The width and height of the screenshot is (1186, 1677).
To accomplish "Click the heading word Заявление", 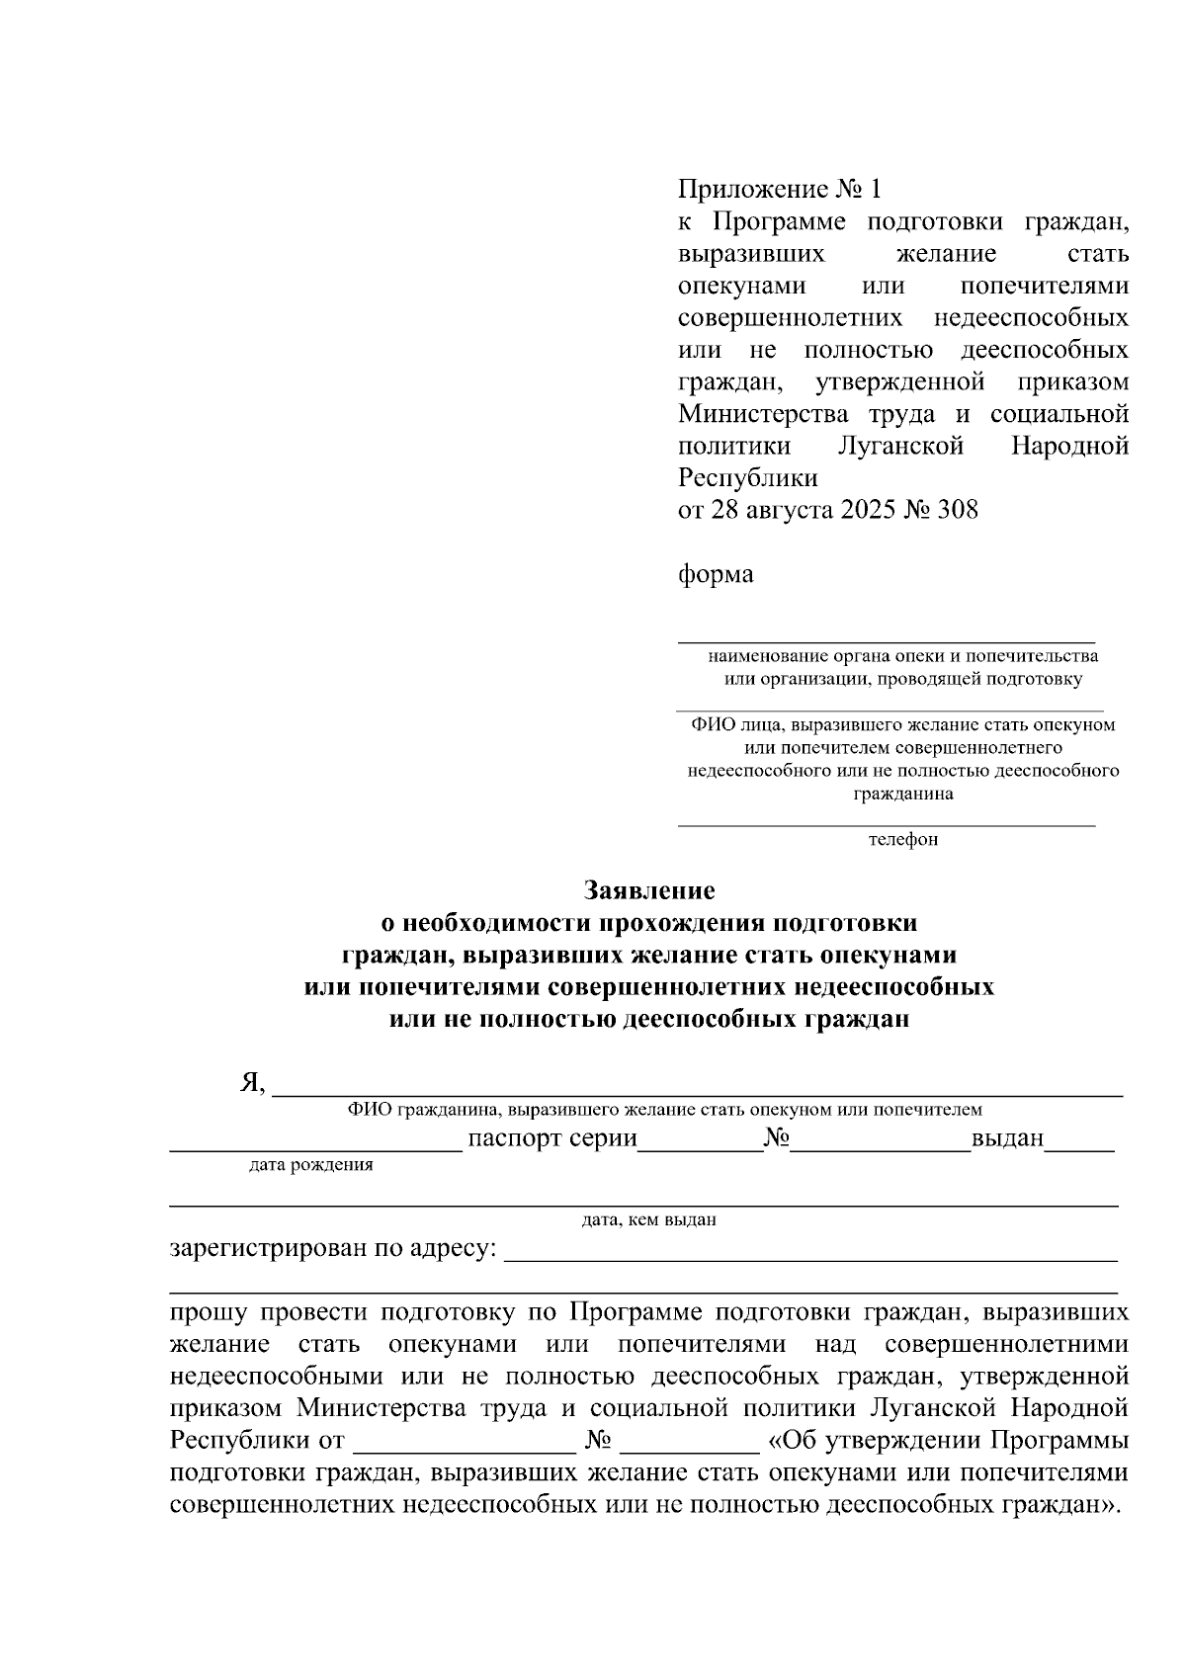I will [x=648, y=890].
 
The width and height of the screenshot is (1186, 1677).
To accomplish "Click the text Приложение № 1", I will [x=778, y=189].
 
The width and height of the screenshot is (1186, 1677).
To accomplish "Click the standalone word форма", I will [x=716, y=574].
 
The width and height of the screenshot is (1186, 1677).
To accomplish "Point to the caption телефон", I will [x=902, y=840].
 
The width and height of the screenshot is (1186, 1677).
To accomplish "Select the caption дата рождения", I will [x=311, y=1164].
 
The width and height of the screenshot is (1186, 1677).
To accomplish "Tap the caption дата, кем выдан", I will [x=648, y=1219].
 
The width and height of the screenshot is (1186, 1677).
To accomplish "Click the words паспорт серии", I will [x=551, y=1137].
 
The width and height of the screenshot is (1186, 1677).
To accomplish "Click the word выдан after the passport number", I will [x=1007, y=1137].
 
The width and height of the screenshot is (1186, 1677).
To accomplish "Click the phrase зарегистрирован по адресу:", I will [x=333, y=1248].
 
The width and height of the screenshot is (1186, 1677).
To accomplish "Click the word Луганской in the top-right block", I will [x=900, y=446].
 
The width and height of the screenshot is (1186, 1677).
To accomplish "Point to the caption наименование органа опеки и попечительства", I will [x=902, y=656].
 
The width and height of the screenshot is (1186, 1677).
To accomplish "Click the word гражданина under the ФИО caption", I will [x=902, y=794].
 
